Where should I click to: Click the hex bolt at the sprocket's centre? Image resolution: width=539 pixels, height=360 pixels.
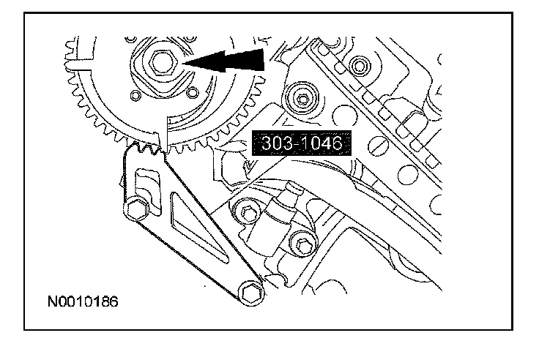click(162, 64)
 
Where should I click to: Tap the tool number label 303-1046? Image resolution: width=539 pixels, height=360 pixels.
click(298, 143)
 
